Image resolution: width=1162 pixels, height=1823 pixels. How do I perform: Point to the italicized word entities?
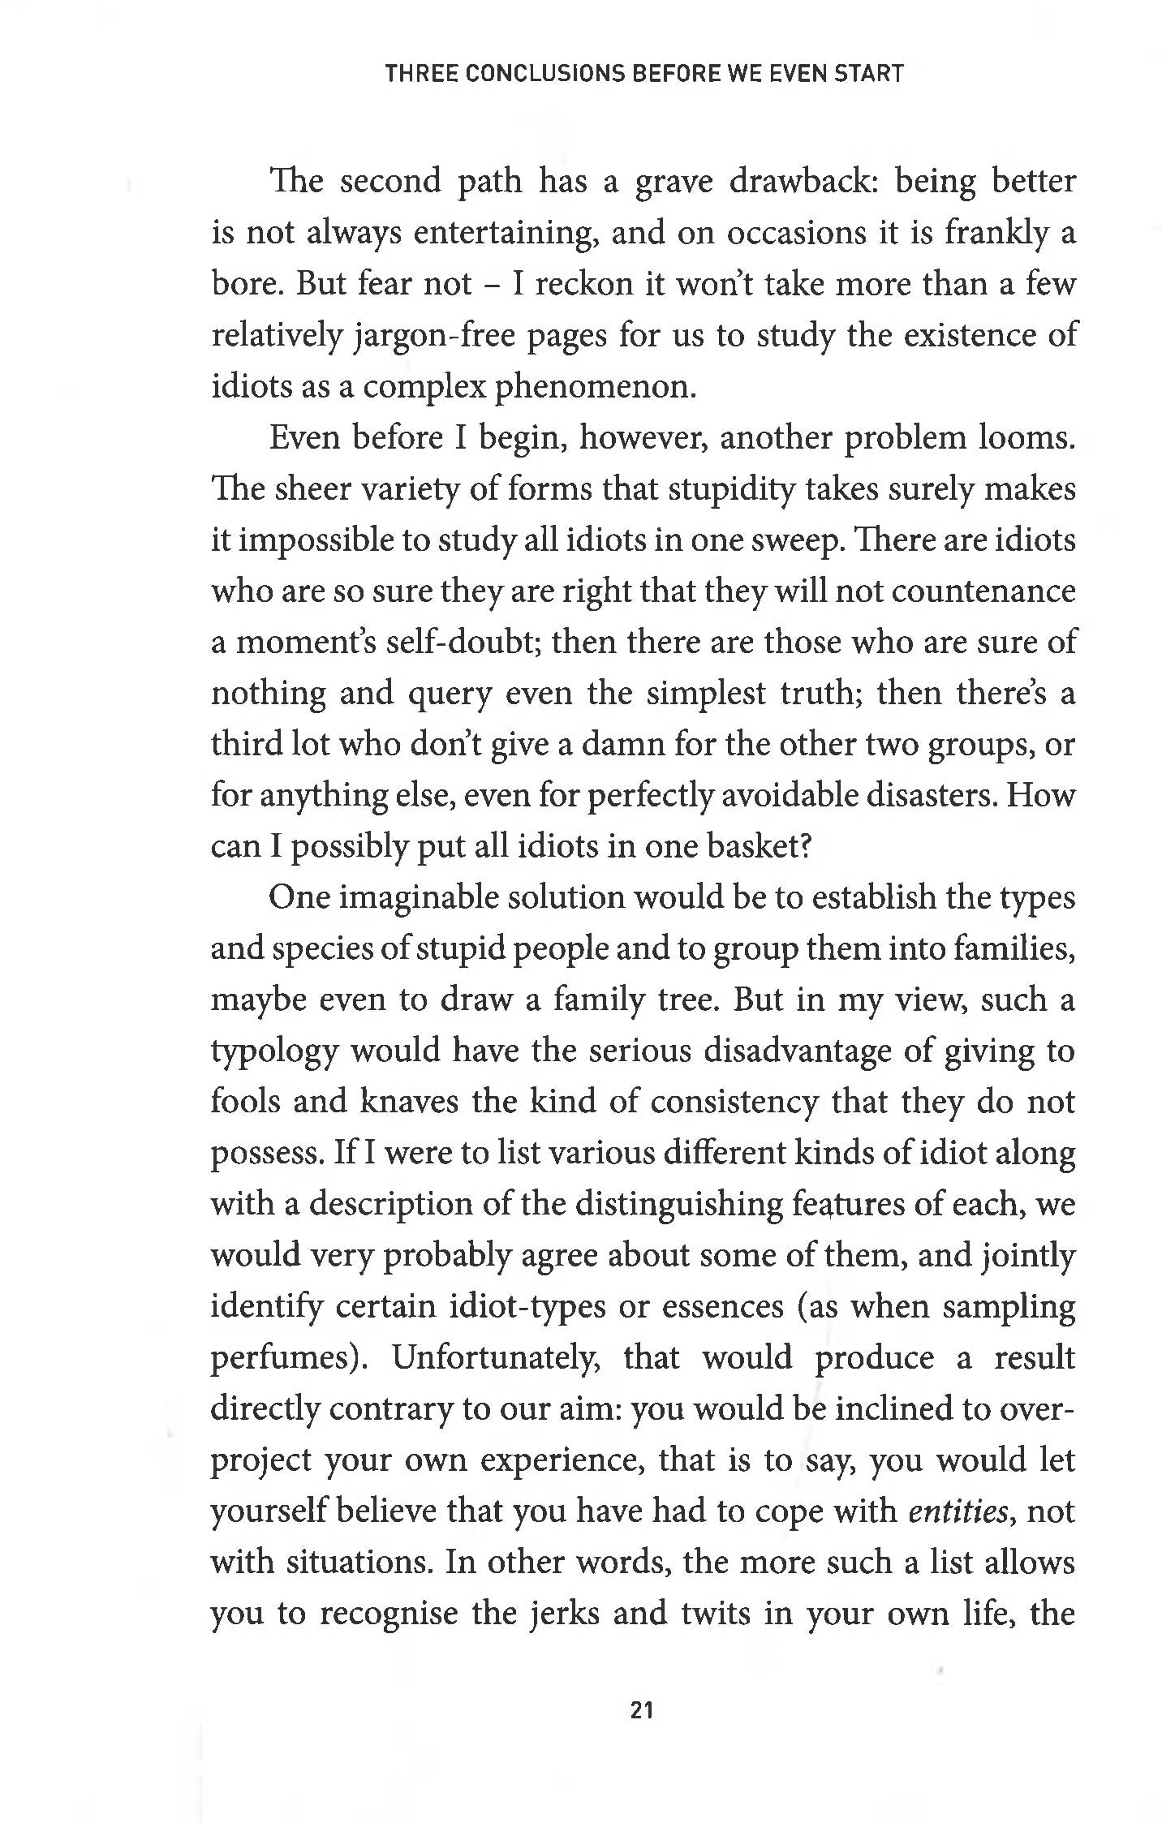pos(957,1511)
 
